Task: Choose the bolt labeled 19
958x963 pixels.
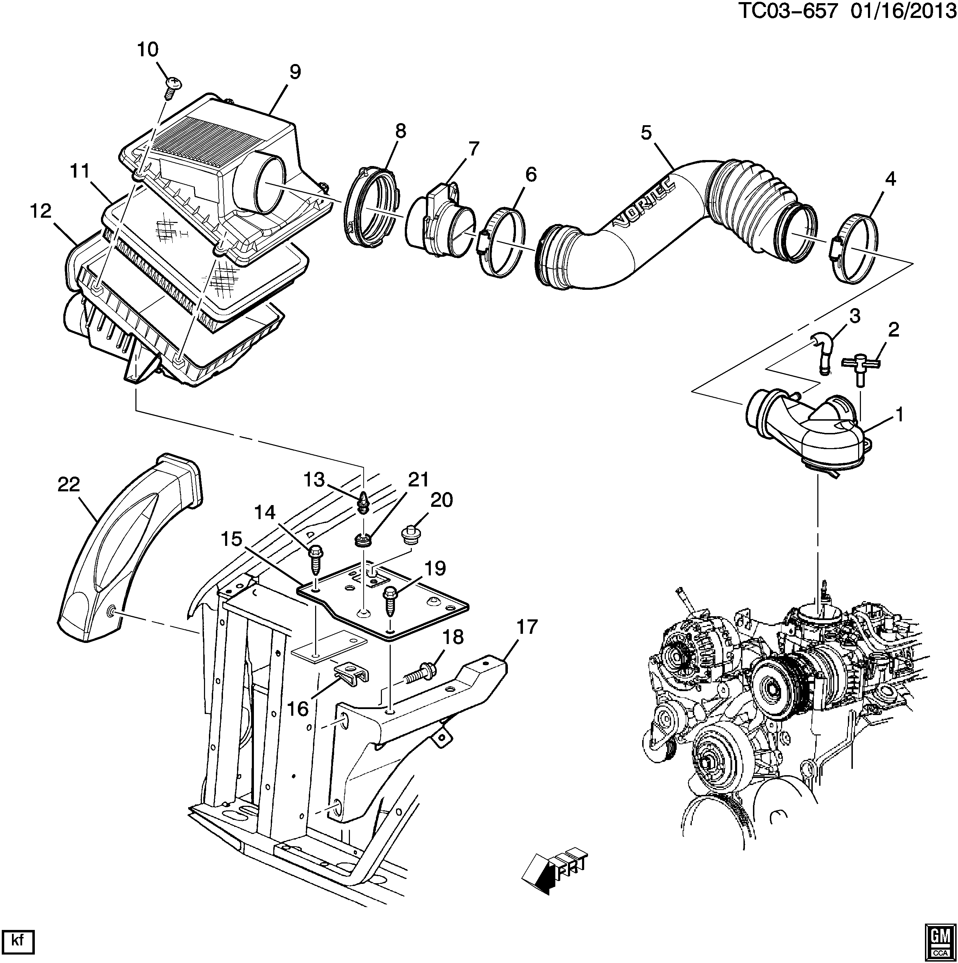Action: pos(390,603)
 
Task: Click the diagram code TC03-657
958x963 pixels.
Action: pos(786,11)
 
